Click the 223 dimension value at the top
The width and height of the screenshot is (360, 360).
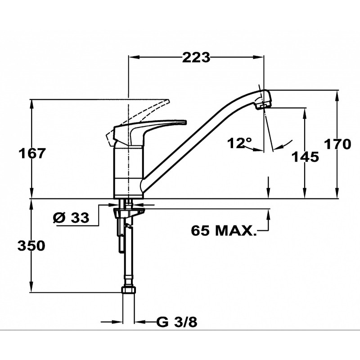point(196,58)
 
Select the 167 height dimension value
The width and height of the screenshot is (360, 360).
point(32,153)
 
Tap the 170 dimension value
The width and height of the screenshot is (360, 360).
point(337,144)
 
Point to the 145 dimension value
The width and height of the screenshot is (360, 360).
point(305,157)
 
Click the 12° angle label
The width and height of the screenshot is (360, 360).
point(239,143)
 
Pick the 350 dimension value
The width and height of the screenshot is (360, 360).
point(31,246)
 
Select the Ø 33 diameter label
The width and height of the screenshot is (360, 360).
point(71,217)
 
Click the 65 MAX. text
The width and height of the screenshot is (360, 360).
point(223,230)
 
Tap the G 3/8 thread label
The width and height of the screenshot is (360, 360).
point(176,322)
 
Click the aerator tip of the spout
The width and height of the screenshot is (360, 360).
point(263,106)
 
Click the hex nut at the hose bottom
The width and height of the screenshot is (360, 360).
point(128,289)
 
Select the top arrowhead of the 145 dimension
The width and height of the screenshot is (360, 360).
point(305,113)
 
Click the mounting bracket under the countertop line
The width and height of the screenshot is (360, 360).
point(129,211)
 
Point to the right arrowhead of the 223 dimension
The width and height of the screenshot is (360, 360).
point(258,57)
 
